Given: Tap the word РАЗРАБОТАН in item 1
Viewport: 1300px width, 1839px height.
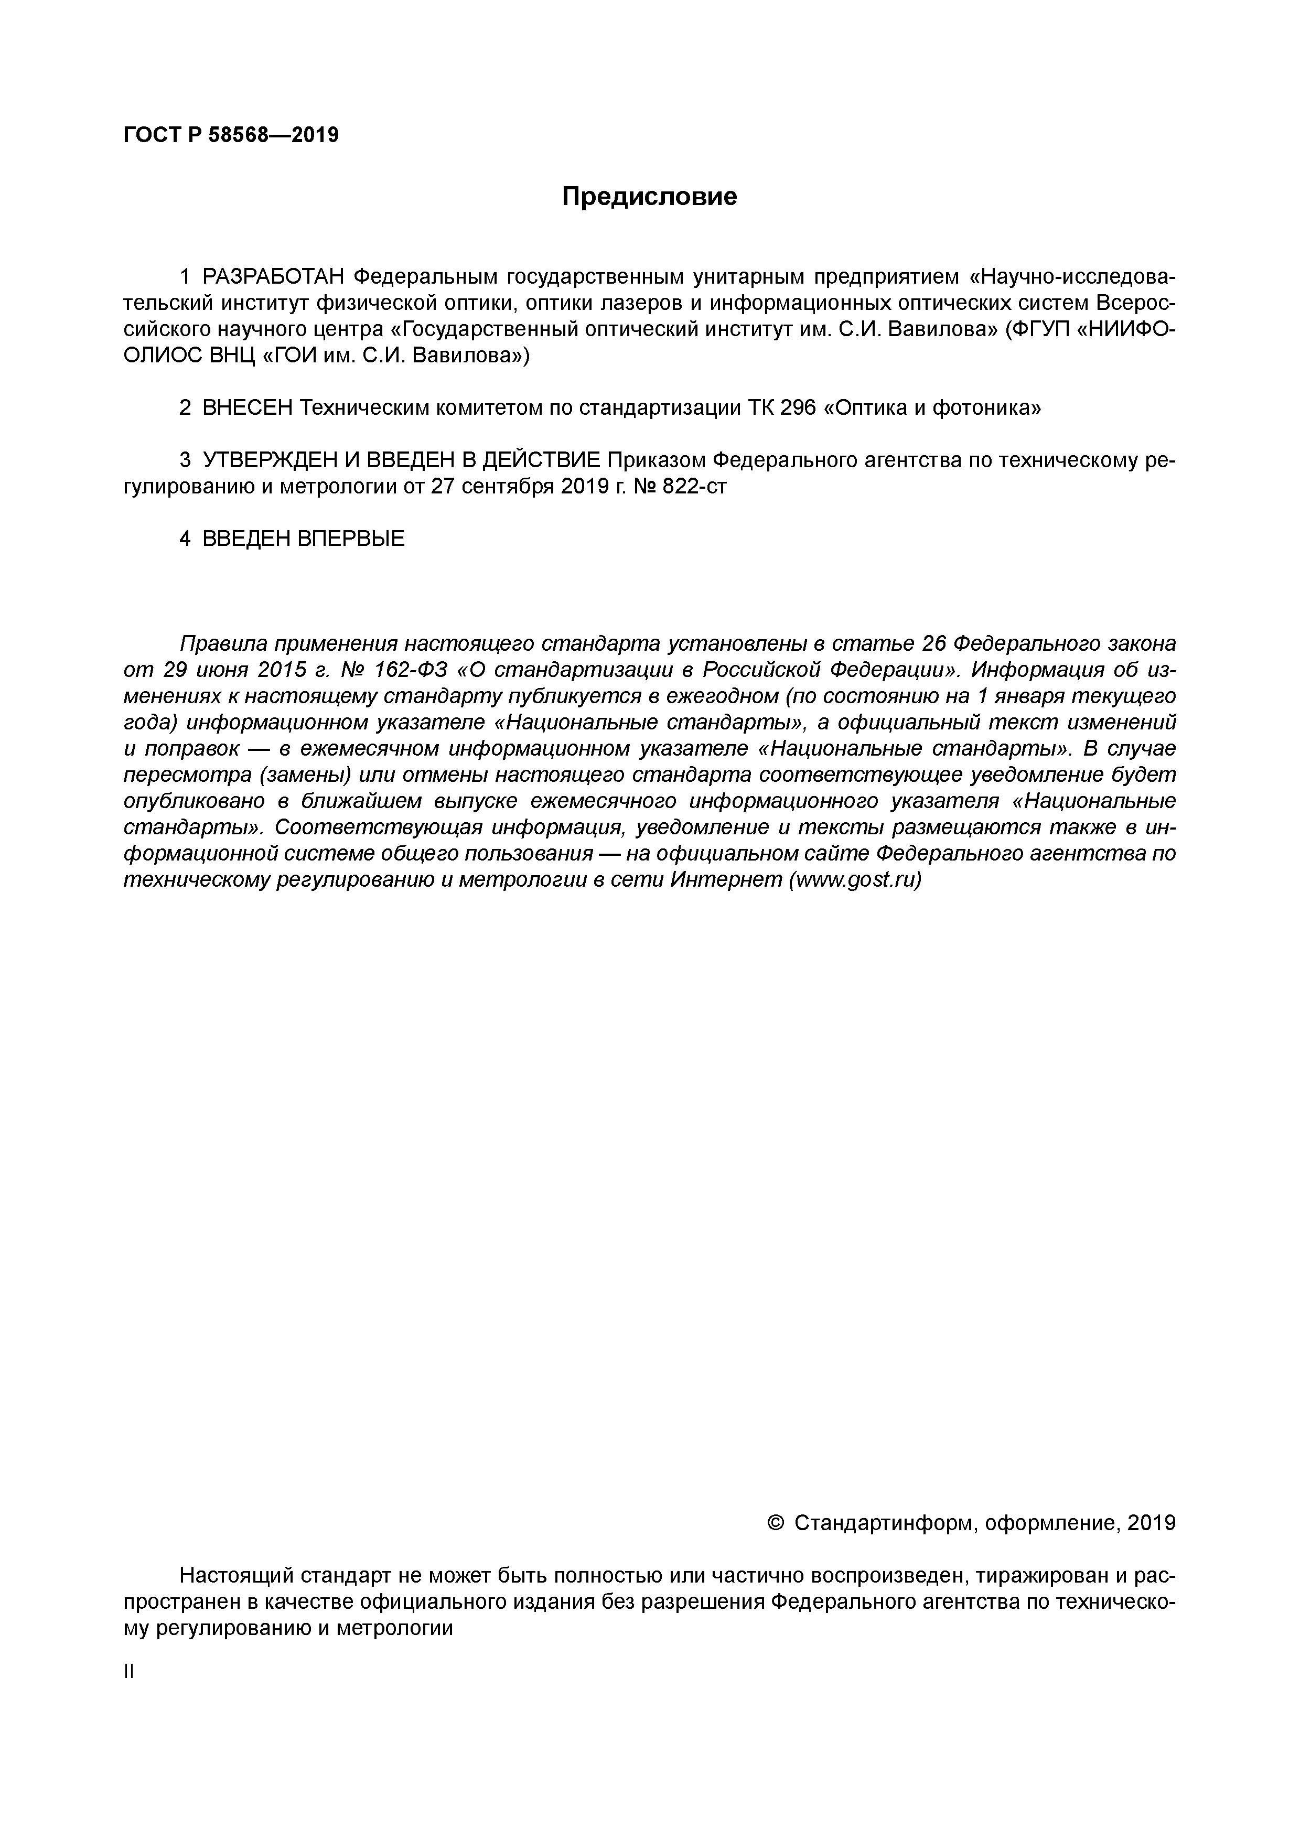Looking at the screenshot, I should coord(273,277).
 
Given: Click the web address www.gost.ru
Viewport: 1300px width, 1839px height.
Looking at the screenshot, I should coord(855,880).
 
